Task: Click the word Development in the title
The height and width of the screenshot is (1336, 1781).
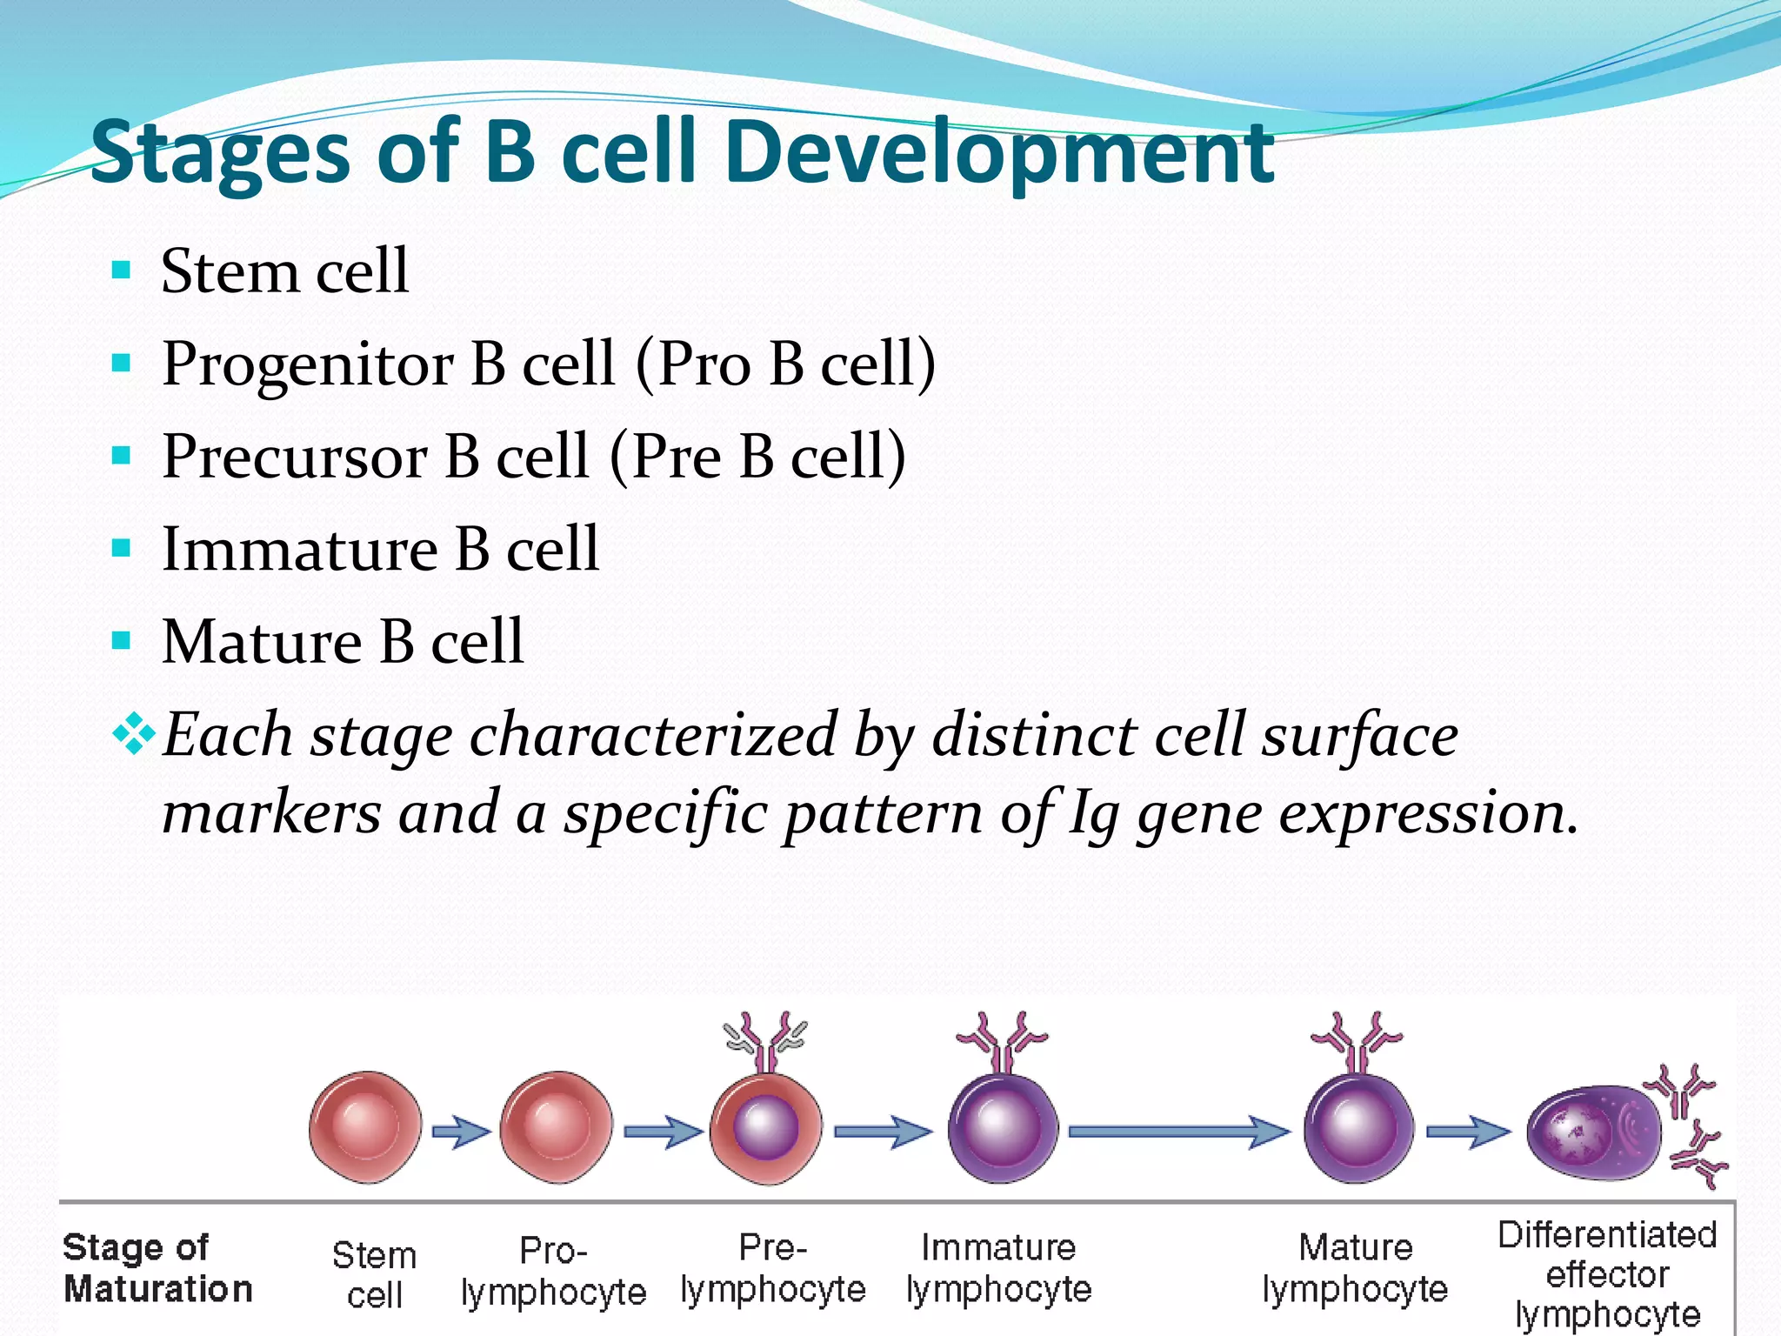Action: pyautogui.click(x=998, y=154)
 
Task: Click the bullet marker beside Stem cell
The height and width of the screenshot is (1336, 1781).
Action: pyautogui.click(x=122, y=270)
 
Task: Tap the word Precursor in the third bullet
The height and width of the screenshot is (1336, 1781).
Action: pyautogui.click(x=295, y=457)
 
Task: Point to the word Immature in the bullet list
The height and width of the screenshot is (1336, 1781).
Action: pyautogui.click(x=300, y=550)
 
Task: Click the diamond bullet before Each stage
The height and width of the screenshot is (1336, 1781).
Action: pyautogui.click(x=133, y=733)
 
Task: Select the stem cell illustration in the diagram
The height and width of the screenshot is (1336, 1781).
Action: pyautogui.click(x=365, y=1127)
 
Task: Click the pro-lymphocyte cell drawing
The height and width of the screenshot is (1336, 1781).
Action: pyautogui.click(x=556, y=1127)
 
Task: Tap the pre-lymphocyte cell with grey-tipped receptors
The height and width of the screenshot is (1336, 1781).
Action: pyautogui.click(x=765, y=1128)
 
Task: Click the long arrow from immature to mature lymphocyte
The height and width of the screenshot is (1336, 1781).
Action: pyautogui.click(x=1178, y=1132)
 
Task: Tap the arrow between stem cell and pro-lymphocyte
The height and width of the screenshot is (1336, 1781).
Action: pyautogui.click(x=461, y=1132)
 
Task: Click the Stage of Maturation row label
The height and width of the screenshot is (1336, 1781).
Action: pyautogui.click(x=157, y=1268)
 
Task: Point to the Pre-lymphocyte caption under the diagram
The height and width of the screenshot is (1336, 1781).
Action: pyautogui.click(x=773, y=1269)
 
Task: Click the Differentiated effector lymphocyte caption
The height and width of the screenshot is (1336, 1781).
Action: pyautogui.click(x=1607, y=1274)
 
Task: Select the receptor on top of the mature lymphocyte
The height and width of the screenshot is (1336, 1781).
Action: pyautogui.click(x=1357, y=1039)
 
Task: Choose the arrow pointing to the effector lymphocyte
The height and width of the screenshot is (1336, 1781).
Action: pyautogui.click(x=1469, y=1132)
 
